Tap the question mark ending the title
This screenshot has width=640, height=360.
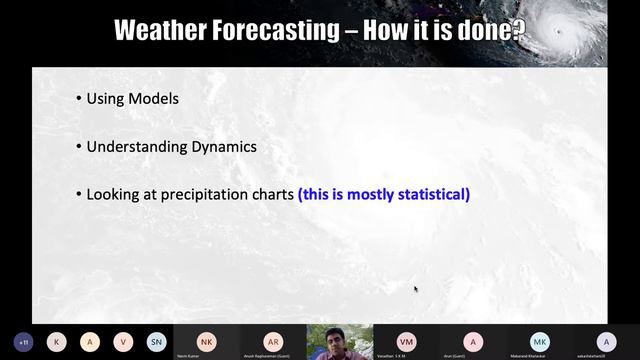(516, 30)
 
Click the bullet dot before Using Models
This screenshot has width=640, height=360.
(79, 99)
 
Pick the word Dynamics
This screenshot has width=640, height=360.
(224, 146)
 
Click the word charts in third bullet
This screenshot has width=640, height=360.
(270, 194)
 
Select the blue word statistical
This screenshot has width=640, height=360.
(427, 194)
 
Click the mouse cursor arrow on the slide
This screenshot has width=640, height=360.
(416, 290)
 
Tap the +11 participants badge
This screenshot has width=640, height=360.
(23, 341)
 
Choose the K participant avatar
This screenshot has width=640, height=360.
(57, 341)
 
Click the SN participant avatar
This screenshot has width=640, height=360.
(157, 341)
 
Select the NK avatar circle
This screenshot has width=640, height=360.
(206, 340)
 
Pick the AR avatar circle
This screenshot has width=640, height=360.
(273, 340)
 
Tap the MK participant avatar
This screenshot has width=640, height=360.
(540, 340)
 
